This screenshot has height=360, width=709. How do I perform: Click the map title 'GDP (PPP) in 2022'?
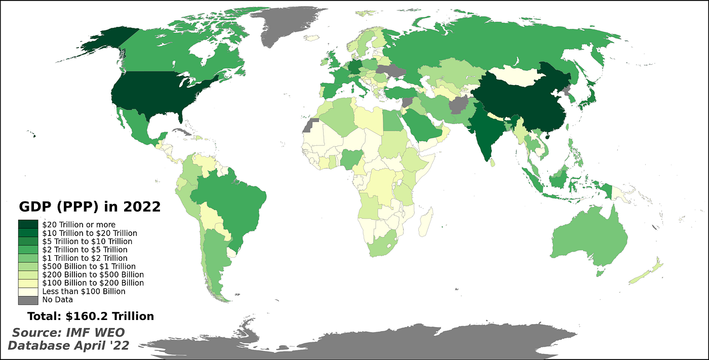point(90,207)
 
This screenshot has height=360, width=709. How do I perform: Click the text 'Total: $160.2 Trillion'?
point(91,316)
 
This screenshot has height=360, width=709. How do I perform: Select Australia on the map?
point(587,241)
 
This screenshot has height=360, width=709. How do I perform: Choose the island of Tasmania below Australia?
point(600,273)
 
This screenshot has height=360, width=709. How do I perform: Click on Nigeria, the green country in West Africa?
point(350,158)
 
